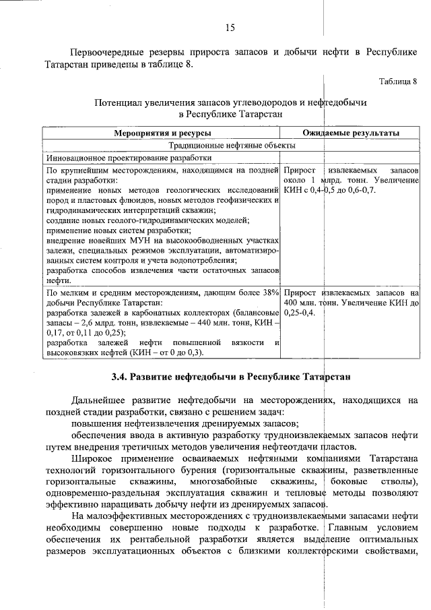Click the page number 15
[230, 28]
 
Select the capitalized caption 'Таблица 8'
[398, 82]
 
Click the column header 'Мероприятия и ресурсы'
[162, 133]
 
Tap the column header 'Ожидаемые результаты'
[351, 133]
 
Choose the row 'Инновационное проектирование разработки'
[129, 157]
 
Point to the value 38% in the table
[270, 293]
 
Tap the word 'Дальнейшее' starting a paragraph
[100, 400]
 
